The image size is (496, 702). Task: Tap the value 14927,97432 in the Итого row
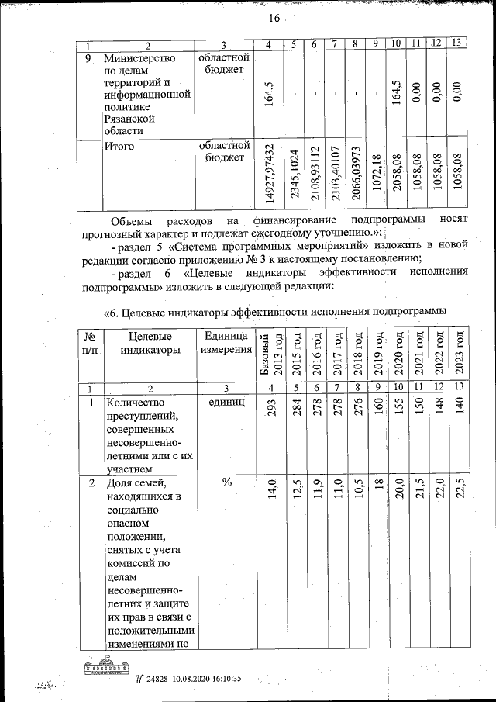pyautogui.click(x=268, y=174)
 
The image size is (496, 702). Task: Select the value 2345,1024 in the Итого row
pyautogui.click(x=294, y=175)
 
